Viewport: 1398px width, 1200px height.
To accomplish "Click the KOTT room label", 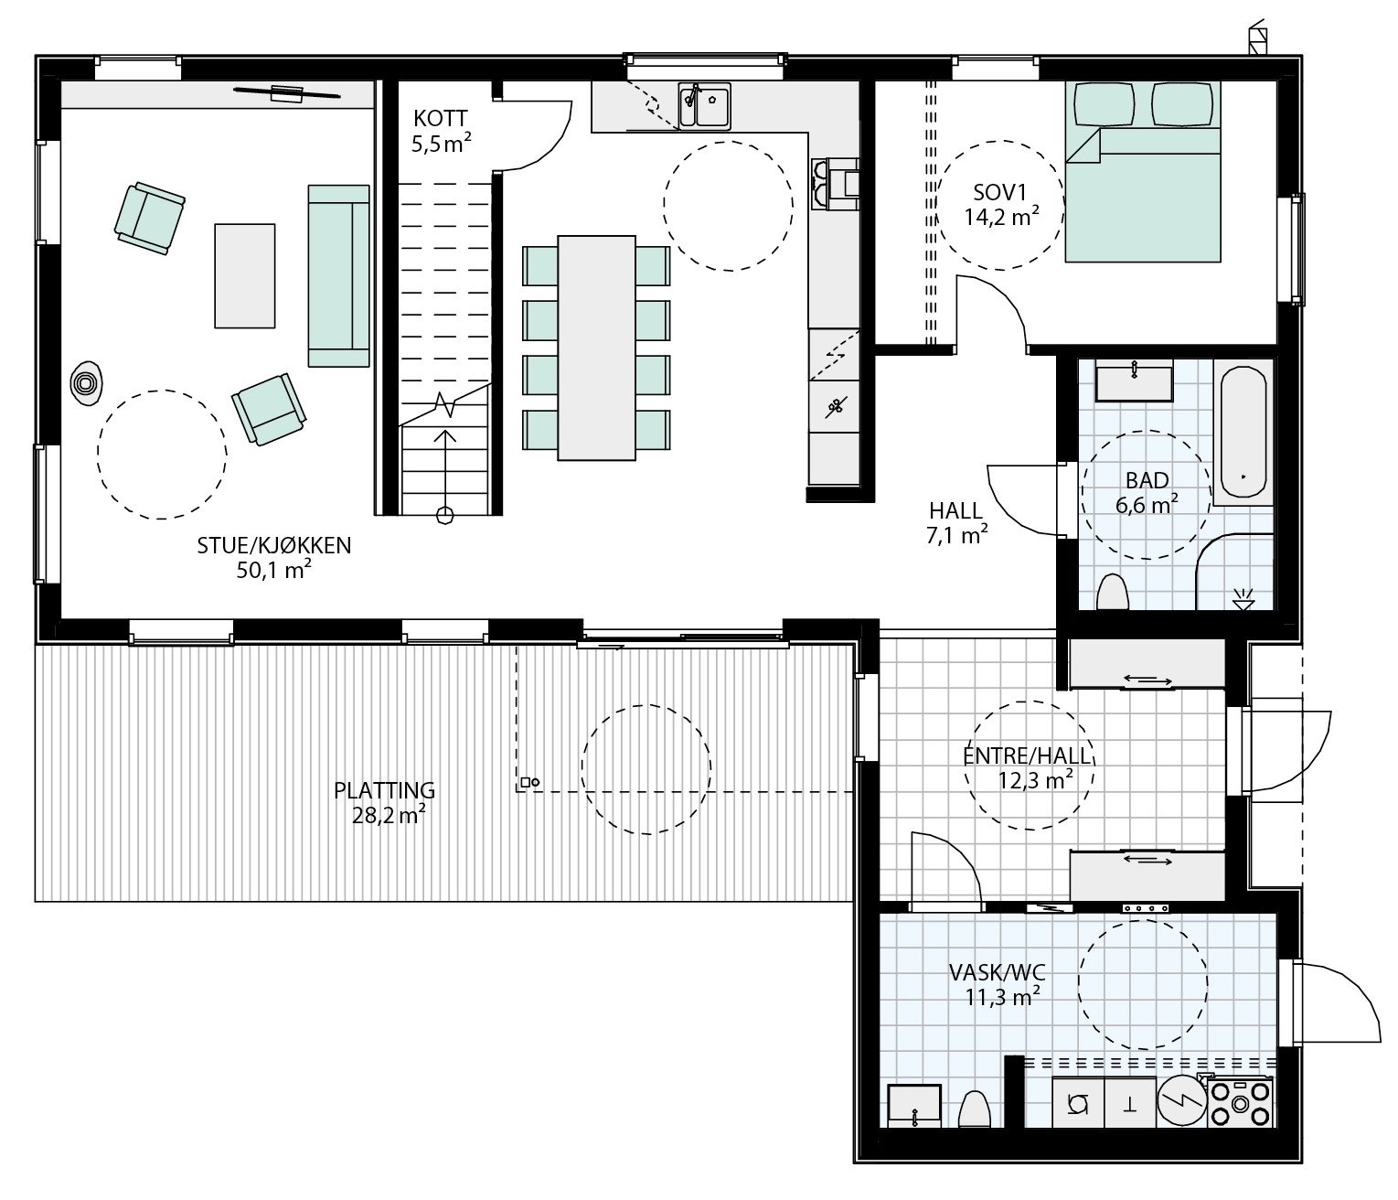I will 441,118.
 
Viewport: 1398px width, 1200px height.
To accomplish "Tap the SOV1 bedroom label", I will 1000,193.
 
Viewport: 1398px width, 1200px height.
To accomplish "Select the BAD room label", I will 1147,480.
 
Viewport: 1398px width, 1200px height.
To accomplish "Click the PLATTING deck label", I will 384,790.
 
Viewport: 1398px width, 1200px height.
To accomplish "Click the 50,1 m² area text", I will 274,570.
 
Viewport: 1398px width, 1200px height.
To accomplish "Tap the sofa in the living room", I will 338,274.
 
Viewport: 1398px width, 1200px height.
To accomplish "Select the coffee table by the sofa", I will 244,275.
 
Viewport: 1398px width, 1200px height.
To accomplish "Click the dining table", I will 597,348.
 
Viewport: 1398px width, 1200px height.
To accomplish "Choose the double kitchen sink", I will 703,105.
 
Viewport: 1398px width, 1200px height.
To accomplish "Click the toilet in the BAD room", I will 1113,593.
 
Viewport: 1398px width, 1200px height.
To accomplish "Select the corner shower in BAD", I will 1234,572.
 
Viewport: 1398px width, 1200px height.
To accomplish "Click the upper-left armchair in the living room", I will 149,217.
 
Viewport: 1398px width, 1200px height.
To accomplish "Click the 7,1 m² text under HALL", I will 956,535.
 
